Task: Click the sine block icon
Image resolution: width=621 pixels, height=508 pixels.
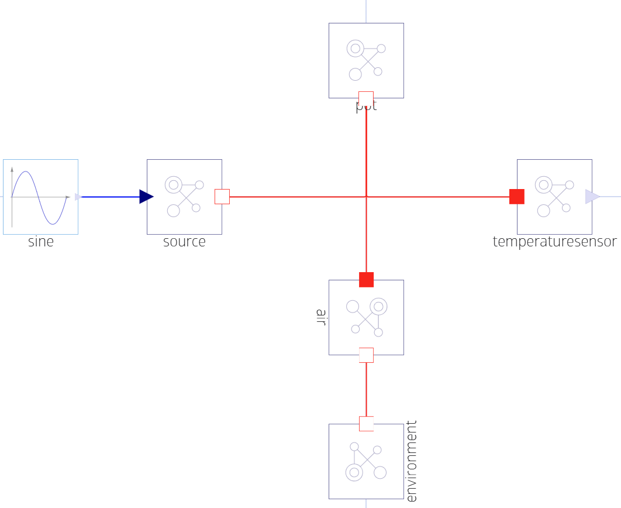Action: pyautogui.click(x=40, y=197)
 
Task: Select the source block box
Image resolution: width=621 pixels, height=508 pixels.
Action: pyautogui.click(x=184, y=197)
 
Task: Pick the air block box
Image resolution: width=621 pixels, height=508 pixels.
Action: pyautogui.click(x=366, y=317)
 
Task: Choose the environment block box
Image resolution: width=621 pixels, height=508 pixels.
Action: pyautogui.click(x=366, y=461)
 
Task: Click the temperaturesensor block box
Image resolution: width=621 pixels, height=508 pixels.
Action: pyautogui.click(x=554, y=197)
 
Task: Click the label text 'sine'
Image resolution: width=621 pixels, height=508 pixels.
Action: pyautogui.click(x=40, y=242)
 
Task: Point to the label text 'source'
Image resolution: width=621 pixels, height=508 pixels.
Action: pyautogui.click(x=184, y=242)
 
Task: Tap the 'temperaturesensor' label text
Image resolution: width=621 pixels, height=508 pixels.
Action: pyautogui.click(x=554, y=242)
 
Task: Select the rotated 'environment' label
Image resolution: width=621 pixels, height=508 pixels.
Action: pyautogui.click(x=411, y=461)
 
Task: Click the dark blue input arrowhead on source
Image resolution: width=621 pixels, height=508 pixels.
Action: pyautogui.click(x=146, y=197)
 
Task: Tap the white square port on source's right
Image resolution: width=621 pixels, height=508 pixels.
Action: pyautogui.click(x=222, y=197)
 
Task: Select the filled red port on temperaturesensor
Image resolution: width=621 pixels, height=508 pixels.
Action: pyautogui.click(x=517, y=197)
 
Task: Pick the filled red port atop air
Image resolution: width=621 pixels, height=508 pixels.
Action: pyautogui.click(x=366, y=280)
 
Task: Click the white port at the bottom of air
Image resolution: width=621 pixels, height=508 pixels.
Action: pyautogui.click(x=366, y=355)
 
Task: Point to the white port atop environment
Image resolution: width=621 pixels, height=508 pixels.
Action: pyautogui.click(x=366, y=424)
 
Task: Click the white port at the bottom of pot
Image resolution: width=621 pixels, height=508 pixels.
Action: pyautogui.click(x=366, y=98)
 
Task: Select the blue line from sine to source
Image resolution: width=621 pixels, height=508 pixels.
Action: pyautogui.click(x=111, y=197)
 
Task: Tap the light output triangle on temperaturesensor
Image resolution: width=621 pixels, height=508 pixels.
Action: pyautogui.click(x=592, y=197)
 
